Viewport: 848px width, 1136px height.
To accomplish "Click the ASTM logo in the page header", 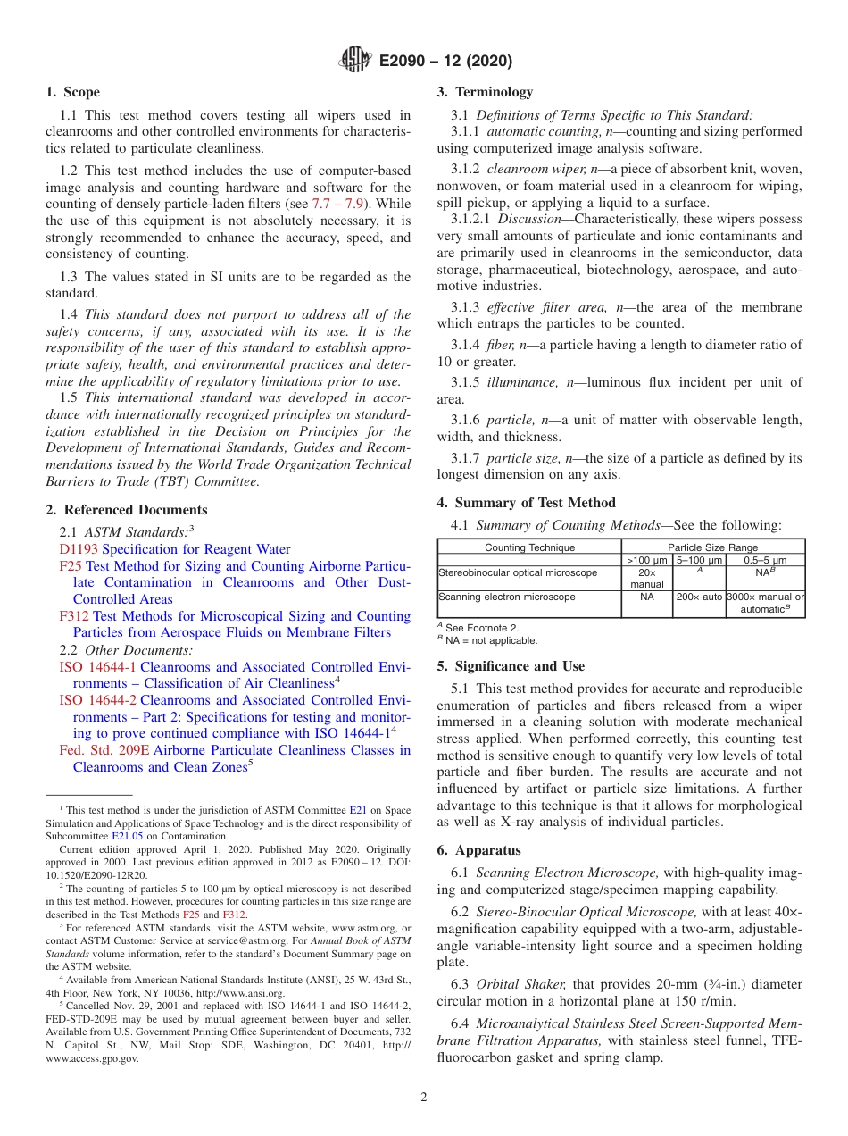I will pyautogui.click(x=355, y=61).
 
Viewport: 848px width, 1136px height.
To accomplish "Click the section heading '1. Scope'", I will pyautogui.click(x=73, y=92).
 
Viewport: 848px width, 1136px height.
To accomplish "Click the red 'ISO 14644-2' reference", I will pyautogui.click(x=97, y=700).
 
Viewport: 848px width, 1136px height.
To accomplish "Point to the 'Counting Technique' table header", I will pyautogui.click(x=529, y=547).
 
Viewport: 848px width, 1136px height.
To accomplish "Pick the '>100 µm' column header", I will pyautogui.click(x=647, y=560).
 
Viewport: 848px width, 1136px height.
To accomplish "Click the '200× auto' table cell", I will pyautogui.click(x=699, y=597).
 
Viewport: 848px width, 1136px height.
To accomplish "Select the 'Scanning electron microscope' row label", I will pyautogui.click(x=507, y=597).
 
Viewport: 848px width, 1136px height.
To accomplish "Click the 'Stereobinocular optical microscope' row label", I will pyautogui.click(x=518, y=572).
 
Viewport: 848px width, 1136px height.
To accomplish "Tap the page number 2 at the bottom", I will pyautogui.click(x=424, y=1098).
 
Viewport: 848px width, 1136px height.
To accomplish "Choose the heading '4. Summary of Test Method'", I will pyautogui.click(x=527, y=503).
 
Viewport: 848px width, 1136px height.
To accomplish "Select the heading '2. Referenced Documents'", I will pyautogui.click(x=127, y=510).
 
